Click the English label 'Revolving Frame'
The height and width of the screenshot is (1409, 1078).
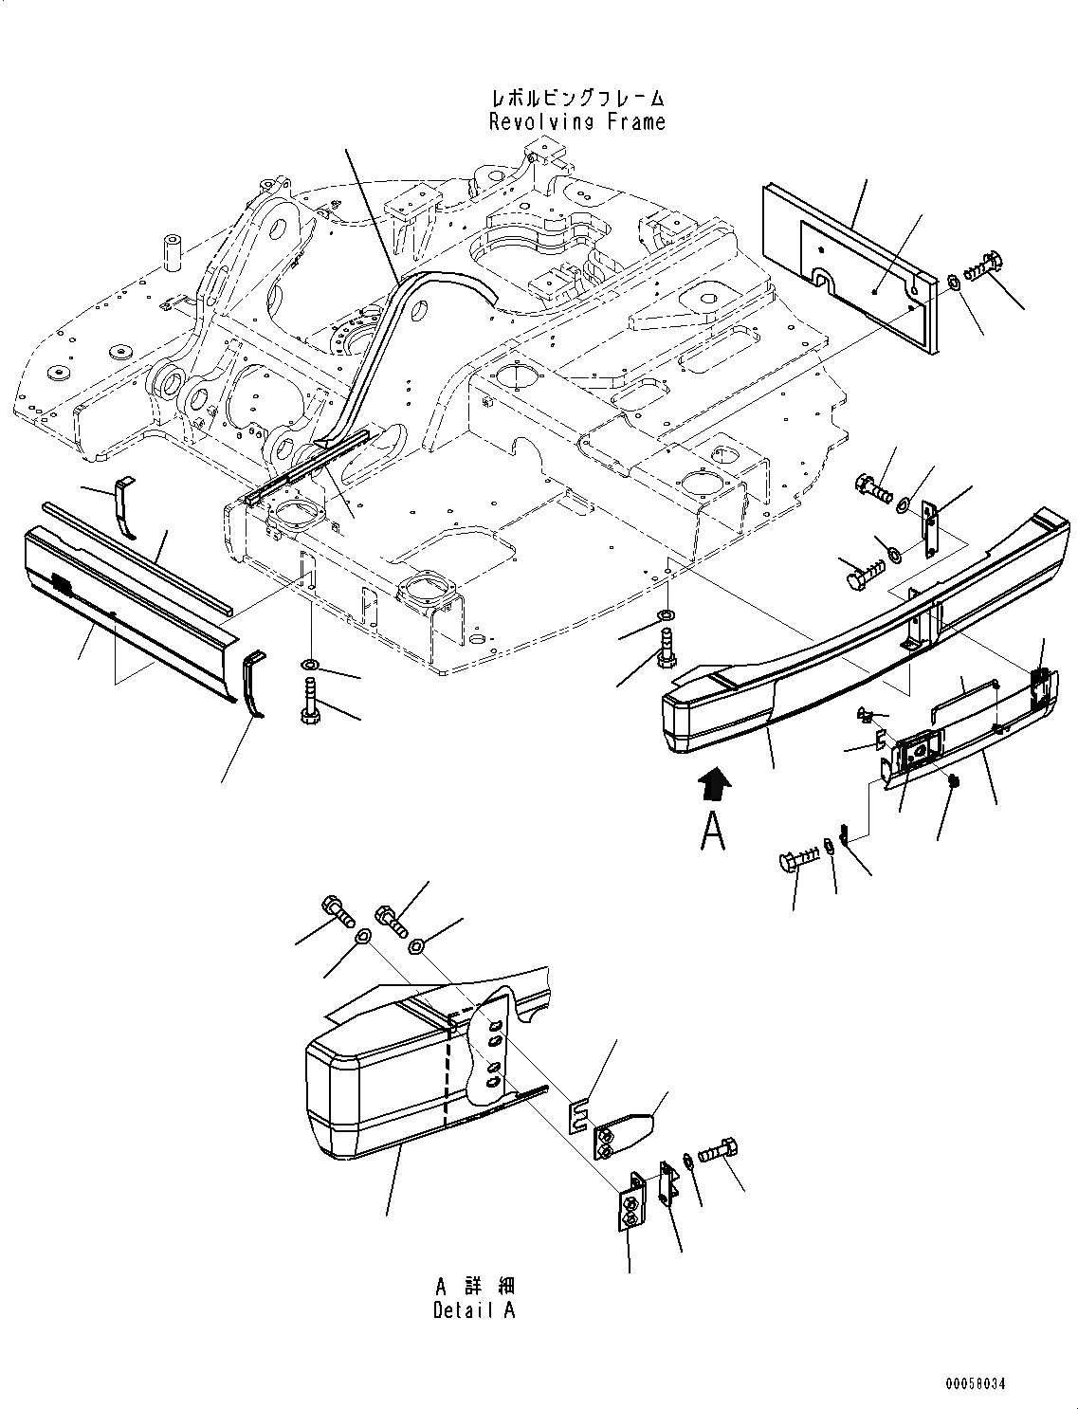click(576, 121)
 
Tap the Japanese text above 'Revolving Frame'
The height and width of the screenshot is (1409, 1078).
click(576, 98)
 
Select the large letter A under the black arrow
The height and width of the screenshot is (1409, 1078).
click(713, 832)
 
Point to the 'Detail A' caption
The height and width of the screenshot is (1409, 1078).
click(475, 1310)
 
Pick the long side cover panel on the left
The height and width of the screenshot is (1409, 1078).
click(123, 607)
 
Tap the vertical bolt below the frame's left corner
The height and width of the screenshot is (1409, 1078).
click(310, 699)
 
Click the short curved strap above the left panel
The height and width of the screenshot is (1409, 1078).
click(124, 507)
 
